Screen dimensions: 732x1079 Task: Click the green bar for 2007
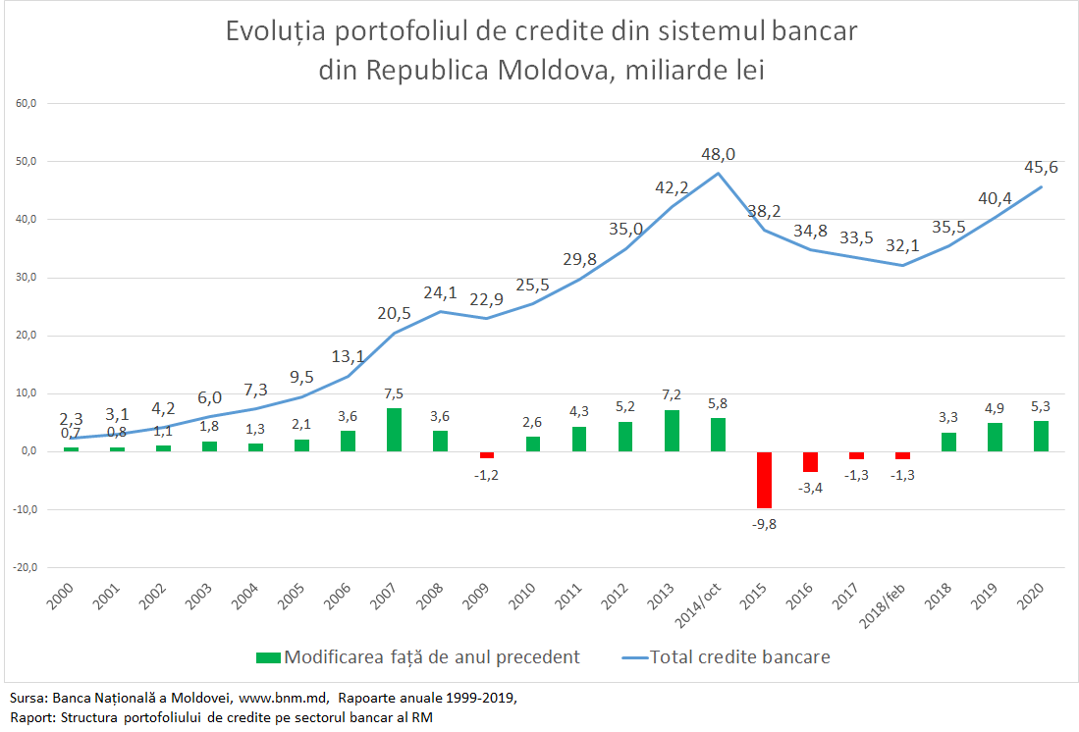(394, 430)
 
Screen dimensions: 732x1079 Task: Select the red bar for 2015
(764, 480)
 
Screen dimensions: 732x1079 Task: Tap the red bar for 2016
(810, 461)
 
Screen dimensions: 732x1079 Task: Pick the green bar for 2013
(672, 431)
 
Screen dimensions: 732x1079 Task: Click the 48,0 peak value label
(718, 154)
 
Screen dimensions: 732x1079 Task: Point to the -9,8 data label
(764, 524)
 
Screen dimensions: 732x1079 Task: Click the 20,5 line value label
(394, 313)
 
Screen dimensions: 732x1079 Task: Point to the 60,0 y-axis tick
(25, 103)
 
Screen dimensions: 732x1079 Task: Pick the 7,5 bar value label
(394, 393)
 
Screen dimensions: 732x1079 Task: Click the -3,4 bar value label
(810, 488)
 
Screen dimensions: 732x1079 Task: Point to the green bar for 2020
(1041, 436)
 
